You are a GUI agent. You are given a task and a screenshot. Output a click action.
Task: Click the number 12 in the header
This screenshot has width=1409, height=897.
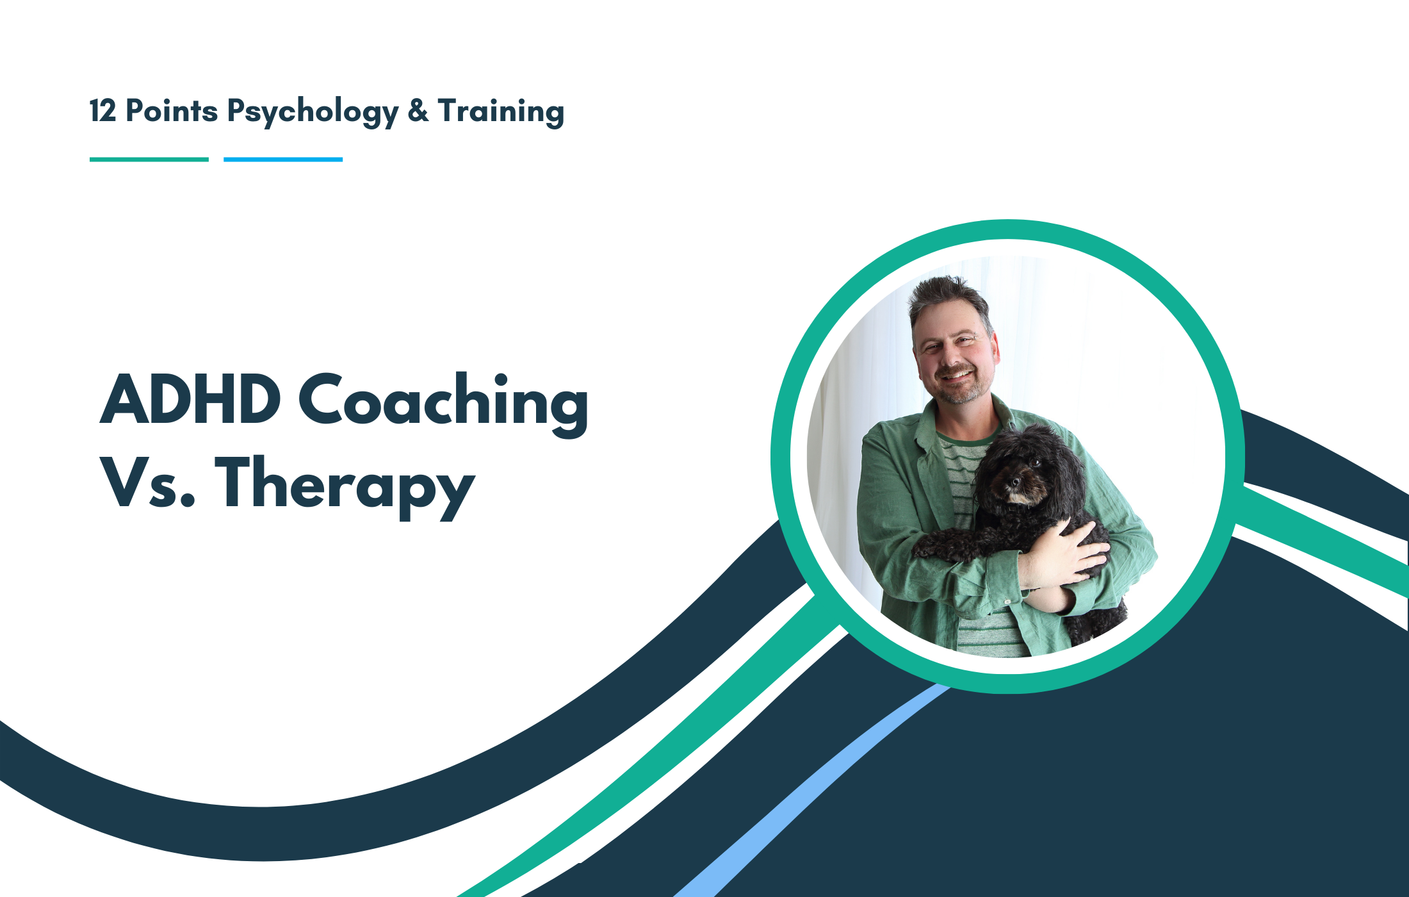102,111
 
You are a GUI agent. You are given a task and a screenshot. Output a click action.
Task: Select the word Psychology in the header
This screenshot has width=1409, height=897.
313,112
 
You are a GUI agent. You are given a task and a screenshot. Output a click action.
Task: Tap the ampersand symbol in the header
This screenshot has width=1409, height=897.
418,111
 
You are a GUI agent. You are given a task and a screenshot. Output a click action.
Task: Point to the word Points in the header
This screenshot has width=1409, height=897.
172,111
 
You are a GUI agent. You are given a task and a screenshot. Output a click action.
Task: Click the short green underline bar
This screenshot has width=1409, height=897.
149,160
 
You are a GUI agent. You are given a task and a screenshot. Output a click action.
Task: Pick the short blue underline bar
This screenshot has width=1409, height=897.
283,160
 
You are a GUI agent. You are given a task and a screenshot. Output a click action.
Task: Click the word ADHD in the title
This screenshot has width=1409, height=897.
190,400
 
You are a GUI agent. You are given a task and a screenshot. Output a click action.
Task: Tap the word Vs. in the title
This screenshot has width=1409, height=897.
147,483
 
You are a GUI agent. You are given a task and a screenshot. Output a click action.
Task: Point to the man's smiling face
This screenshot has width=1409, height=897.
954,359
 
